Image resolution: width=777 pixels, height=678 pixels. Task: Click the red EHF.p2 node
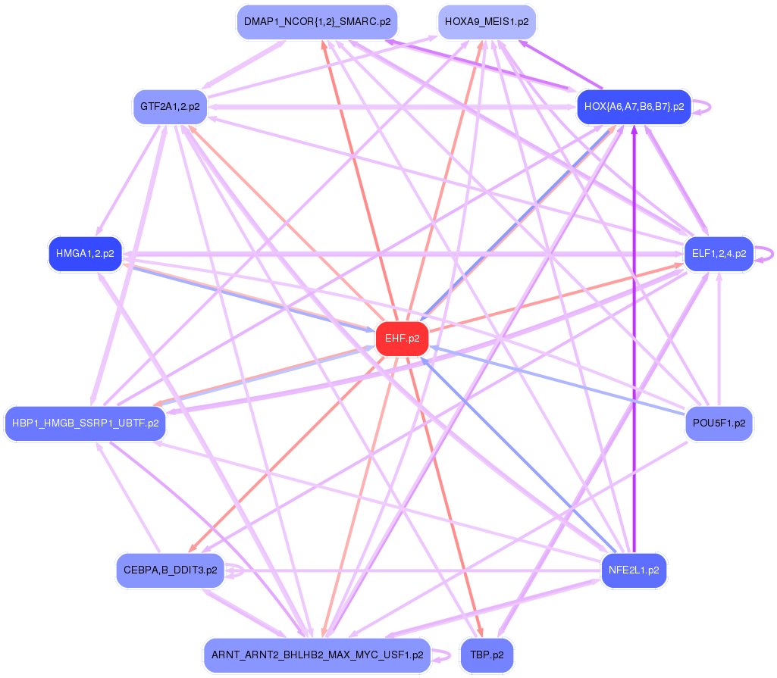[402, 339]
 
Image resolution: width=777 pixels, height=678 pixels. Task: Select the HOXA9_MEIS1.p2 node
[487, 22]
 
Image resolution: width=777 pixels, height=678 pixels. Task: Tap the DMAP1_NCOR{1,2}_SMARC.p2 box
[317, 22]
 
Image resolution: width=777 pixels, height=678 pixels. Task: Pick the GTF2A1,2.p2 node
[170, 106]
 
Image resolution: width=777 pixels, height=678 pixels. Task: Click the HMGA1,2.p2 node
[85, 254]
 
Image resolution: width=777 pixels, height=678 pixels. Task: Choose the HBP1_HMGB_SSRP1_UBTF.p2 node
[85, 423]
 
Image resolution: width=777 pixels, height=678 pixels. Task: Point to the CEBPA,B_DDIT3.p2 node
[170, 570]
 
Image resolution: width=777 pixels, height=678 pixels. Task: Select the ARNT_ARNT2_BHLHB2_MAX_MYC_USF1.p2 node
[317, 655]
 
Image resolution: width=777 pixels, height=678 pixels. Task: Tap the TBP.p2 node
[487, 655]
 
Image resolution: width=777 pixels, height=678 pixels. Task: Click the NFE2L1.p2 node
[633, 570]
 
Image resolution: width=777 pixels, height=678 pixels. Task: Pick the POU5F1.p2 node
[718, 423]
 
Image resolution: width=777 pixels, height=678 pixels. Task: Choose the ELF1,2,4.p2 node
[718, 254]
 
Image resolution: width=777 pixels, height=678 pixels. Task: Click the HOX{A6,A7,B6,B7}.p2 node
[634, 106]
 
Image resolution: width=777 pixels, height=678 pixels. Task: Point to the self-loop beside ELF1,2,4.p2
[769, 255]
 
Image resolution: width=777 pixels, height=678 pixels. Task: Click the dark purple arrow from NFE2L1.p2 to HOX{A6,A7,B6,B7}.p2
[634, 341]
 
